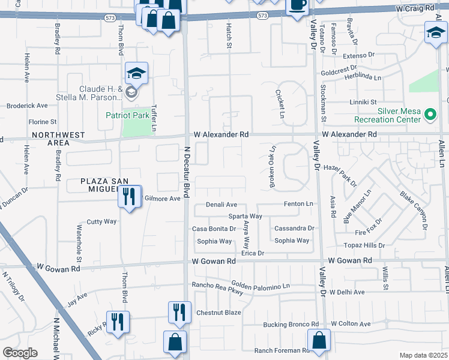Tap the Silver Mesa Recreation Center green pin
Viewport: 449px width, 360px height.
[x=430, y=113]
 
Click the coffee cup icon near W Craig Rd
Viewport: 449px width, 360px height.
[x=297, y=5]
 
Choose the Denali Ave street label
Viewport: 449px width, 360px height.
[x=221, y=205]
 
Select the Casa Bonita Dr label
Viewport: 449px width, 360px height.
[x=213, y=229]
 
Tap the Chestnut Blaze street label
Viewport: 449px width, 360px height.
[x=218, y=313]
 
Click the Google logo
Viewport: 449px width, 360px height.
[x=20, y=353]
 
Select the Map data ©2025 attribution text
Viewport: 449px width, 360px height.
[x=423, y=355]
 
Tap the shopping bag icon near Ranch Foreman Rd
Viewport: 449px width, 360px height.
[x=319, y=340]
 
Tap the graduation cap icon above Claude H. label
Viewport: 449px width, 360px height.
[x=136, y=74]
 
